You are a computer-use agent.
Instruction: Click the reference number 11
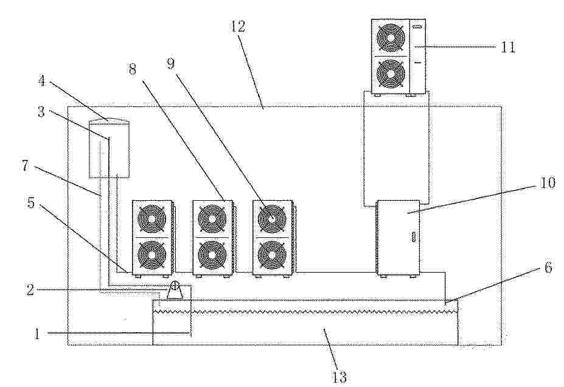pyautogui.click(x=508, y=47)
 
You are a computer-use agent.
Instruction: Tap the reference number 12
pyautogui.click(x=238, y=26)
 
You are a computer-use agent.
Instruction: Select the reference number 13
pyautogui.click(x=339, y=377)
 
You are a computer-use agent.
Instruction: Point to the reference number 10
pyautogui.click(x=547, y=183)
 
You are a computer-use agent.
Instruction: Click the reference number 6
pyautogui.click(x=548, y=267)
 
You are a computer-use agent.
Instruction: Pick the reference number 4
pyautogui.click(x=42, y=80)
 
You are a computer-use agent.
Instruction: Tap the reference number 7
pyautogui.click(x=25, y=166)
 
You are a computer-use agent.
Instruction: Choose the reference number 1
pyautogui.click(x=37, y=334)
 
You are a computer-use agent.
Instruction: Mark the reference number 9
pyautogui.click(x=170, y=63)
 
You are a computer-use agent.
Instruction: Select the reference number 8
pyautogui.click(x=133, y=69)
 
